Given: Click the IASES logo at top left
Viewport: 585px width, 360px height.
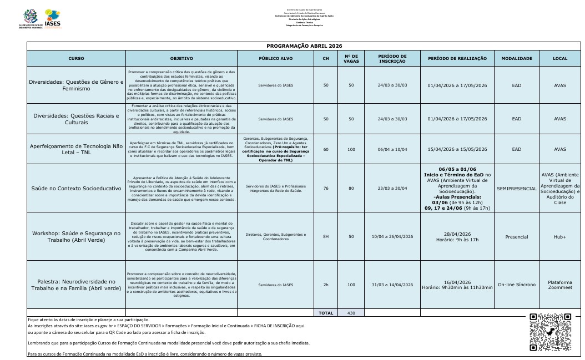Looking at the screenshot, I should (x=52, y=18).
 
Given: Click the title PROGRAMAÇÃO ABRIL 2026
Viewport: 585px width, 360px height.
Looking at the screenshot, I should (x=304, y=45).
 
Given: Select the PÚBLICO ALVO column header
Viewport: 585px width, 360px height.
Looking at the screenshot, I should (x=276, y=58).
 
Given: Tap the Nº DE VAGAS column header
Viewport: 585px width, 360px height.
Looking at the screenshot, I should (x=351, y=58).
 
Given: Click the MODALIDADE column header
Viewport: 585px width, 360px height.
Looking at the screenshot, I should (x=516, y=58).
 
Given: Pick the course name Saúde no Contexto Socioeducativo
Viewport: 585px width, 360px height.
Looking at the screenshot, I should (x=76, y=189).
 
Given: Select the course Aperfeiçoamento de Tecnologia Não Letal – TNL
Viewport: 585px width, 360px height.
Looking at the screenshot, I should (x=76, y=149).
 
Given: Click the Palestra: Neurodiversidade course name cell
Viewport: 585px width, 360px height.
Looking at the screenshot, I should (x=76, y=285).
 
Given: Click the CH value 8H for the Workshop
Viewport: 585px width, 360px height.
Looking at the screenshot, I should (x=326, y=237).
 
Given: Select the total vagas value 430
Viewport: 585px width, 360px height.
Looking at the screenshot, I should (x=351, y=313).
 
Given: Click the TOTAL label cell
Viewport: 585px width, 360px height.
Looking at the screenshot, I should (x=326, y=313).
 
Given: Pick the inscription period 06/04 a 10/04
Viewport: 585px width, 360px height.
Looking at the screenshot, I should (x=392, y=149).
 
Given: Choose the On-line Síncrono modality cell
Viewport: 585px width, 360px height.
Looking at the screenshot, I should (x=517, y=285).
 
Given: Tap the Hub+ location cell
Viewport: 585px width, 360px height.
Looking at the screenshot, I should (x=560, y=237).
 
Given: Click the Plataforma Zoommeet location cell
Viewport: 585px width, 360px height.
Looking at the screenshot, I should (x=560, y=285).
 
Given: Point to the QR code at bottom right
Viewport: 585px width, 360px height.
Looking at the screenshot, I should (x=551, y=332).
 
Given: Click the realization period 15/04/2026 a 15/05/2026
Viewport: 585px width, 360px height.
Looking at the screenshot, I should (x=457, y=149).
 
